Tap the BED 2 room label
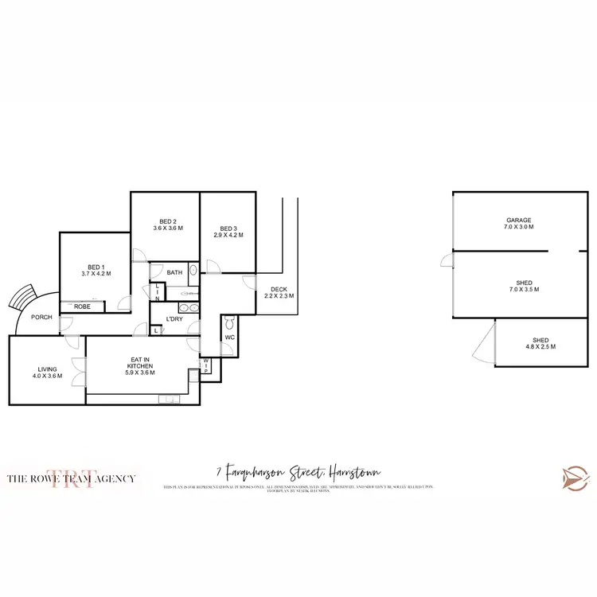tap(167, 221)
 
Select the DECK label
tap(279, 289)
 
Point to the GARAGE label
tap(519, 220)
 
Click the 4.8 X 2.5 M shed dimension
tap(540, 347)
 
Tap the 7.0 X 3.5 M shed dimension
tap(524, 290)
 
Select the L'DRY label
tap(174, 320)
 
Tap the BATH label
tap(174, 273)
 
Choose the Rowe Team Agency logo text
tap(71, 478)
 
